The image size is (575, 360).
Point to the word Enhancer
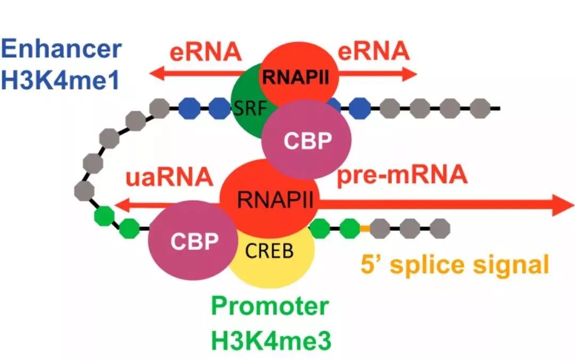tap(61, 50)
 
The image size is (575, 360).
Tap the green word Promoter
tap(269, 306)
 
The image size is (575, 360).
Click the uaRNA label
tap(169, 177)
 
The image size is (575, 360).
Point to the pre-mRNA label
tap(402, 175)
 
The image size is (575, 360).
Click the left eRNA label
tap(206, 52)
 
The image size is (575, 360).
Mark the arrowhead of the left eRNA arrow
tap(154, 75)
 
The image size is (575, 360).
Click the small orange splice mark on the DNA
tap(365, 228)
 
